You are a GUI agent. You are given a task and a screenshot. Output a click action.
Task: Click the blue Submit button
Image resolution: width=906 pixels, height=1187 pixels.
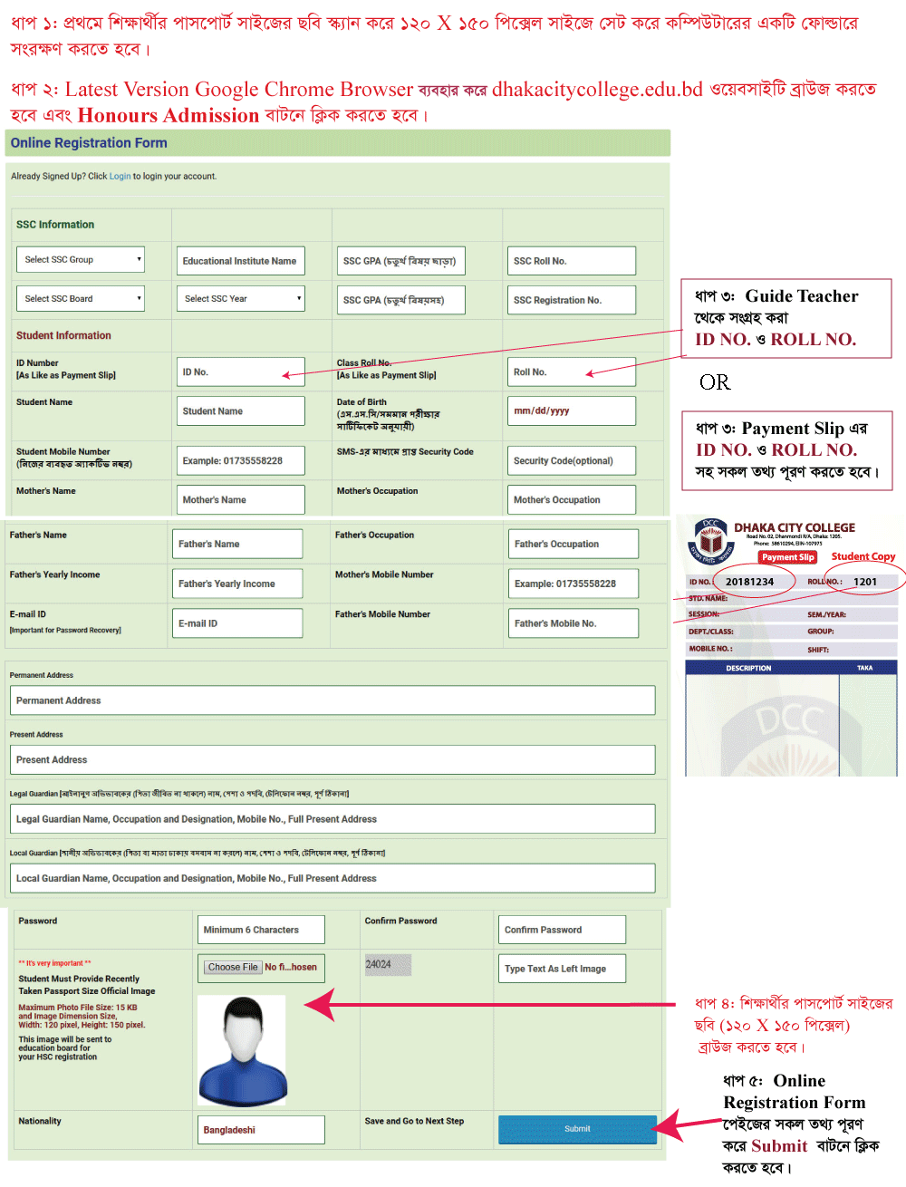(x=577, y=1129)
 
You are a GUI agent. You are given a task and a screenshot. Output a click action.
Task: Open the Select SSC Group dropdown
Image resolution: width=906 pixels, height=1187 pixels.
(x=81, y=260)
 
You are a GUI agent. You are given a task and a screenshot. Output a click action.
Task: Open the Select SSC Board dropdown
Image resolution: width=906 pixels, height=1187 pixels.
(x=81, y=299)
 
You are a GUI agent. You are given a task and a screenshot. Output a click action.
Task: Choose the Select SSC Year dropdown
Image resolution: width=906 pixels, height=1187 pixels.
(x=240, y=299)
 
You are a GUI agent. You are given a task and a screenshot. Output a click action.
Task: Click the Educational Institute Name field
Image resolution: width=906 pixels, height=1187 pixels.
(x=240, y=261)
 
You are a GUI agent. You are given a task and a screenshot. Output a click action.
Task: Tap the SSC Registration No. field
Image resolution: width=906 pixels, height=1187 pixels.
(x=572, y=300)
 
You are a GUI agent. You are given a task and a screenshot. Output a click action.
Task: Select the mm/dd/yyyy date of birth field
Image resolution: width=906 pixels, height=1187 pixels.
(x=572, y=410)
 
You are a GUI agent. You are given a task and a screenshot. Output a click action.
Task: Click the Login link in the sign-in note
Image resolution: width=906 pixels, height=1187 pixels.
(x=120, y=177)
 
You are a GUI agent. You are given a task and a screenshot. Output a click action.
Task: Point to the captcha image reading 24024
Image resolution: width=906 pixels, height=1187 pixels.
(x=388, y=965)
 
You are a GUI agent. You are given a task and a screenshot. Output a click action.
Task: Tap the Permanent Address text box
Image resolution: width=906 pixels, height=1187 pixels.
(x=332, y=700)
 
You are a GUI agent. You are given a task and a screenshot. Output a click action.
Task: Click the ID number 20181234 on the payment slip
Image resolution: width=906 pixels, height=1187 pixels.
(x=749, y=582)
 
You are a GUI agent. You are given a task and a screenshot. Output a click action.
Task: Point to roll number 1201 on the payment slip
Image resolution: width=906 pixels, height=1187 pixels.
(x=865, y=582)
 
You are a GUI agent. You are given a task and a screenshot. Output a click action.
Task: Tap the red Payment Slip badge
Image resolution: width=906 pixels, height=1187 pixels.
(x=787, y=557)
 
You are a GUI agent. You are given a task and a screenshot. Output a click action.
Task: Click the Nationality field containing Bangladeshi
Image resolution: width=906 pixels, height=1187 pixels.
(x=261, y=1130)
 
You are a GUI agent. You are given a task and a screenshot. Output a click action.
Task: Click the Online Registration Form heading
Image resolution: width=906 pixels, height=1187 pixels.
(x=89, y=143)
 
